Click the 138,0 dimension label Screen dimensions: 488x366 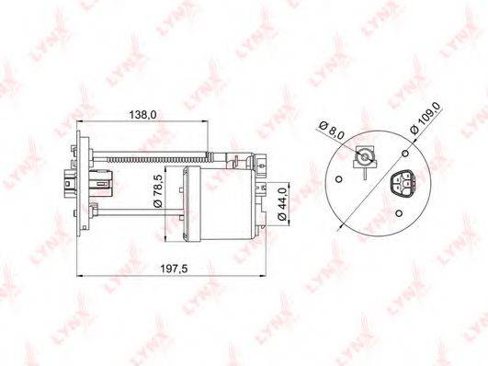(142, 115)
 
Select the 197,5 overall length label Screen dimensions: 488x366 (174, 269)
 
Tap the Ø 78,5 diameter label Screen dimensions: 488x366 (158, 191)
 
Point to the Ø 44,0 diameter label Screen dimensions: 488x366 (282, 204)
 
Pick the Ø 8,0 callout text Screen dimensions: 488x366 (332, 130)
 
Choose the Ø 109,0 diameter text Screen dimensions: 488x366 (426, 118)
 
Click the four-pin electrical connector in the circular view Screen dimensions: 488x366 (403, 184)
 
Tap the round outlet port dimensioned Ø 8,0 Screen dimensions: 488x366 (364, 156)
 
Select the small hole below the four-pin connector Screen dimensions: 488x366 (399, 213)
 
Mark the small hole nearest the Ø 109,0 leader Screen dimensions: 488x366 (405, 154)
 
